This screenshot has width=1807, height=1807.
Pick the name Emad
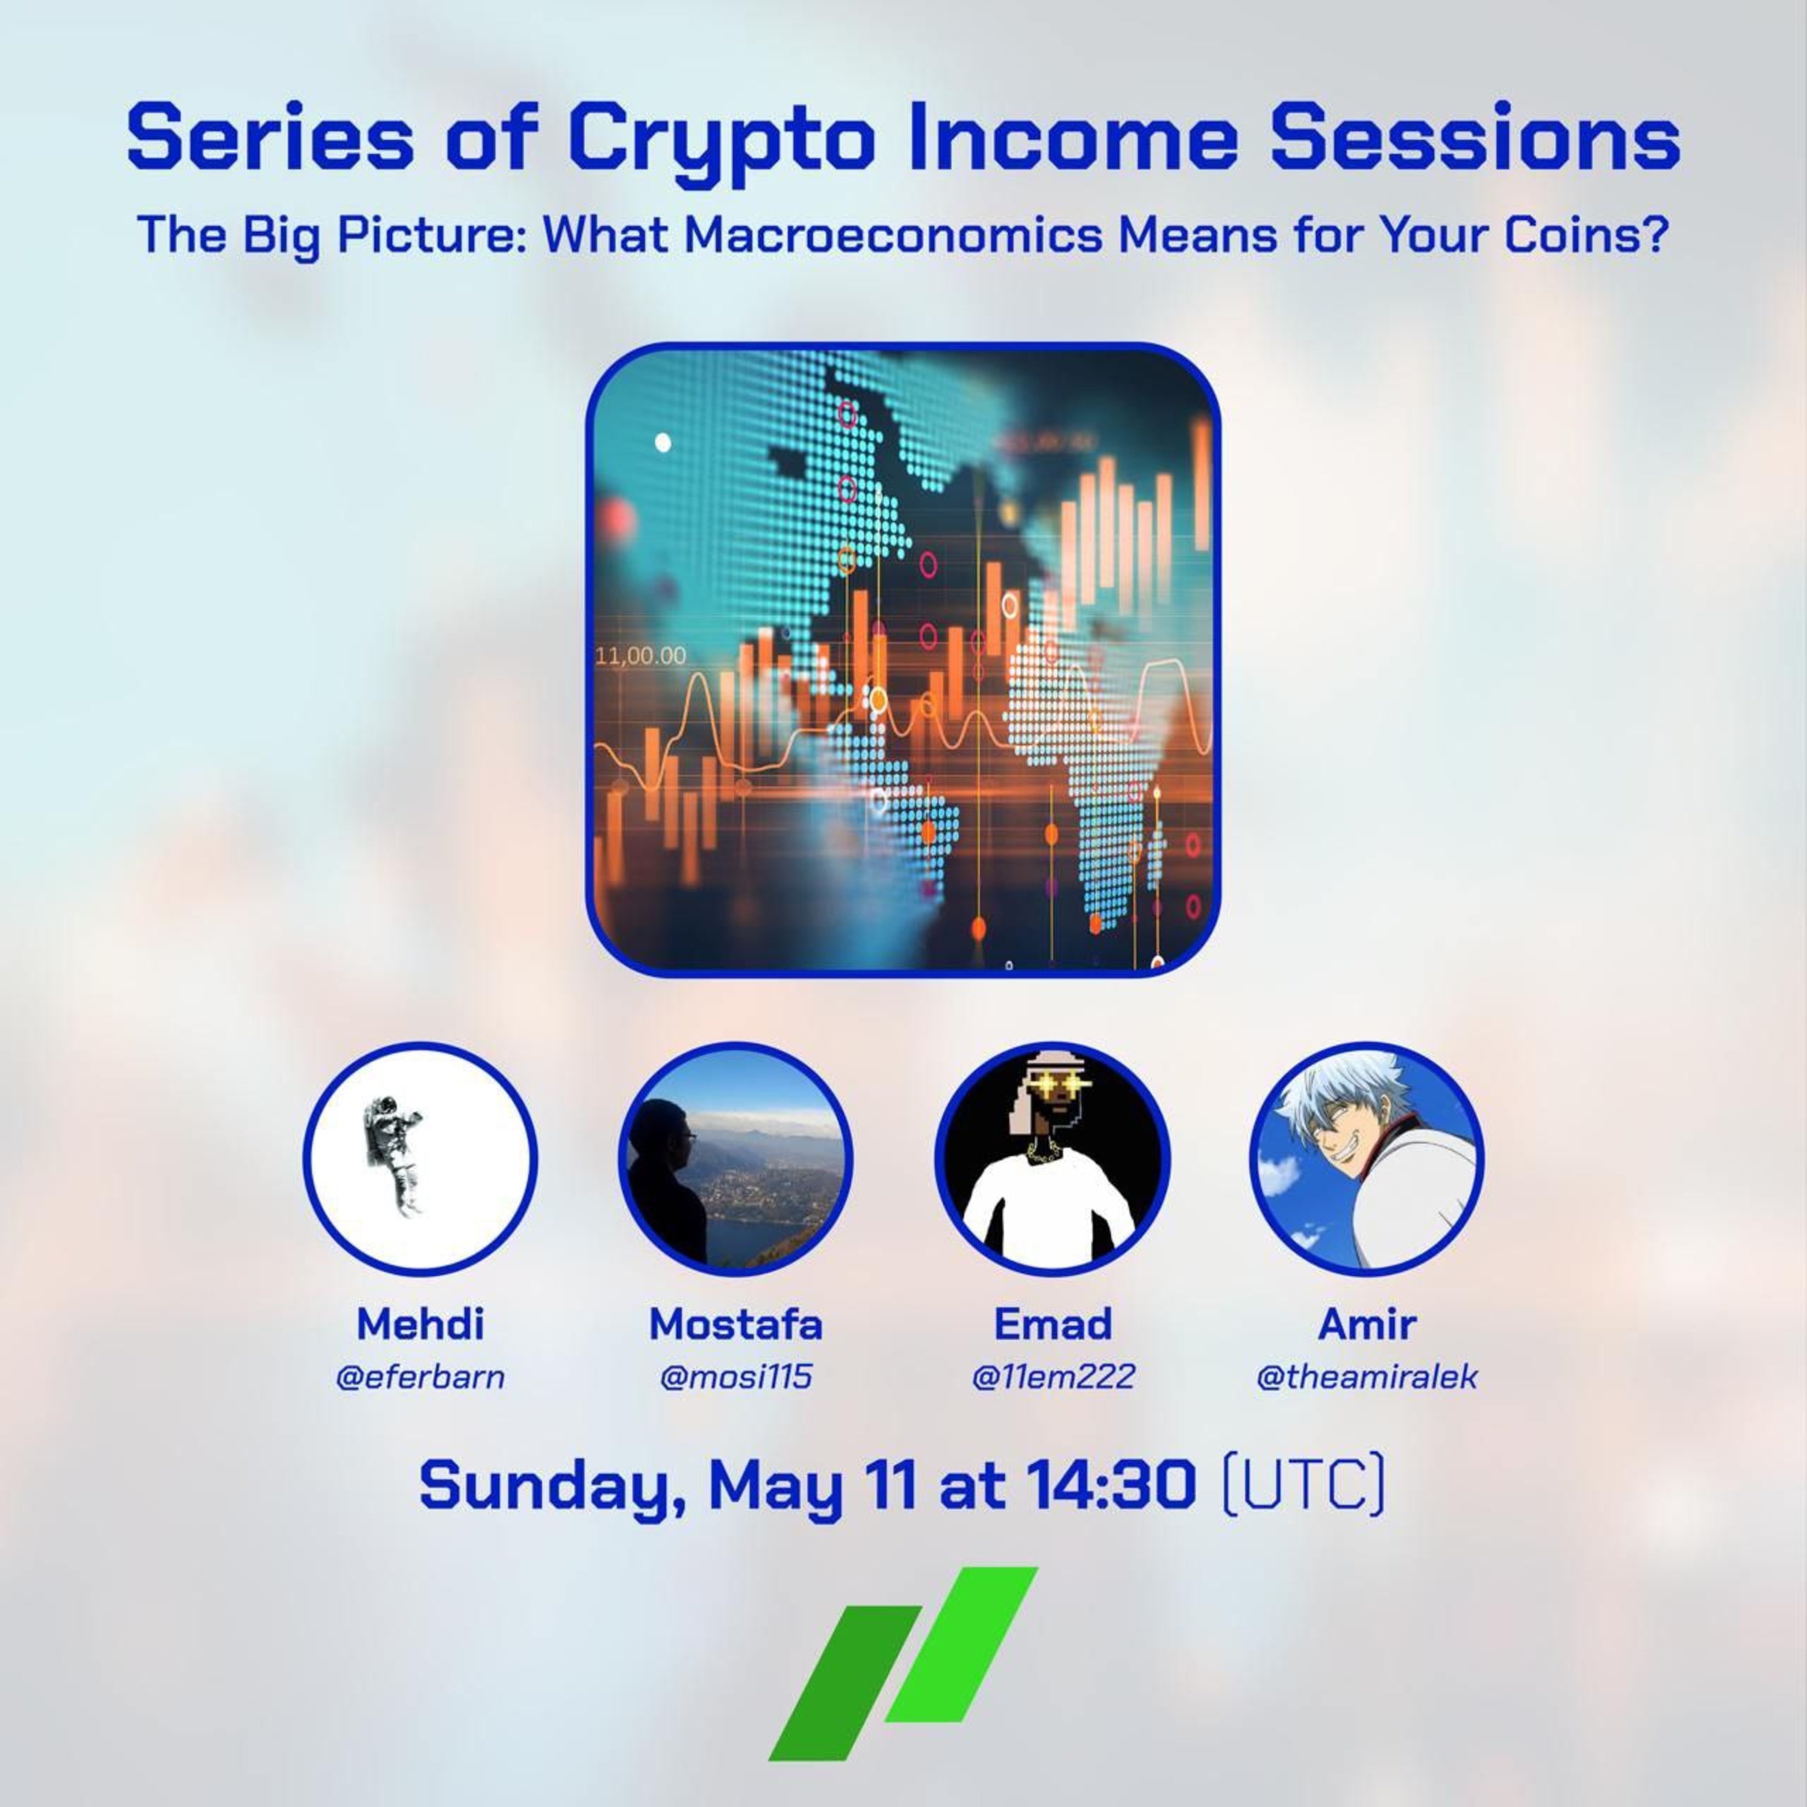1052,1323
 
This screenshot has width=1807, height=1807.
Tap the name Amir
1367,1323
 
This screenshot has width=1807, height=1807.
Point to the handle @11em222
1052,1378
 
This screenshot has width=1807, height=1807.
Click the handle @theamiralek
1367,1378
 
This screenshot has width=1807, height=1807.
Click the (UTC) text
1303,1485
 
